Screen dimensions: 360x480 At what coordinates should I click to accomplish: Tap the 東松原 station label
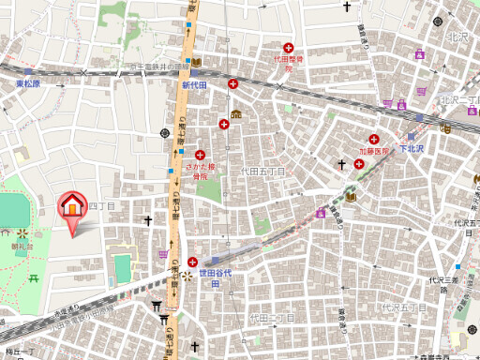point(34,84)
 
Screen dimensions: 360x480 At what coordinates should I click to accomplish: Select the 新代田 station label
point(193,85)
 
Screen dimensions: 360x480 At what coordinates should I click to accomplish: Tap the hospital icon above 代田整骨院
point(289,47)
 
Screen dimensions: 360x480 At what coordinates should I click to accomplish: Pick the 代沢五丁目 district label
point(402,307)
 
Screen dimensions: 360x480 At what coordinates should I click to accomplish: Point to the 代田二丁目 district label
point(273,319)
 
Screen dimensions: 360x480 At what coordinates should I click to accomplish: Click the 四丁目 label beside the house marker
point(101,205)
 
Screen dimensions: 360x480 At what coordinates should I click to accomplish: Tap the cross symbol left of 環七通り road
point(148,221)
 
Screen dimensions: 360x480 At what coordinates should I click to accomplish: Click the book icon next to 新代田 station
point(197,62)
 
